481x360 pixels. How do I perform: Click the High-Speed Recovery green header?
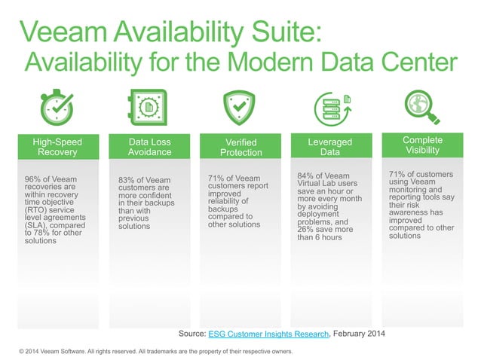58,146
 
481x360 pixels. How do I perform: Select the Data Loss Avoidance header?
150,146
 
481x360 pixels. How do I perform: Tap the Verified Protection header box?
241,147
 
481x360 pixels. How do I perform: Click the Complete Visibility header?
422,145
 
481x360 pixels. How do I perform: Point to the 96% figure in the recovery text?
35,179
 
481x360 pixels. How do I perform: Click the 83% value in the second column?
128,180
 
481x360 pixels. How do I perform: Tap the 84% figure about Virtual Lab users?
308,176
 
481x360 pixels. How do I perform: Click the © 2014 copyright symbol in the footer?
22,352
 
